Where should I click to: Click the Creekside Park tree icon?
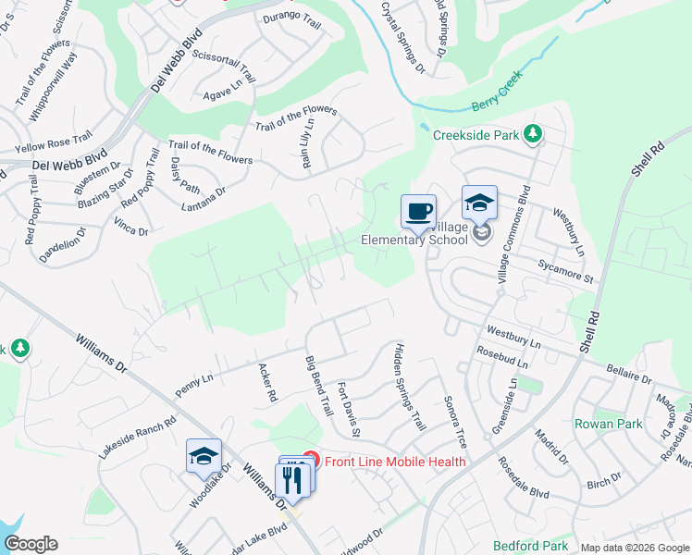tap(533, 135)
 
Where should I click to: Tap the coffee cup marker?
tap(419, 210)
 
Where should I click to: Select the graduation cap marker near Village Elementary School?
tap(480, 202)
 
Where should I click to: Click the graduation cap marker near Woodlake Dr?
tap(204, 455)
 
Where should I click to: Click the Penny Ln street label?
tap(194, 385)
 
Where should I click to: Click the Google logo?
tap(31, 544)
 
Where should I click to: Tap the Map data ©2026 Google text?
tap(634, 548)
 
